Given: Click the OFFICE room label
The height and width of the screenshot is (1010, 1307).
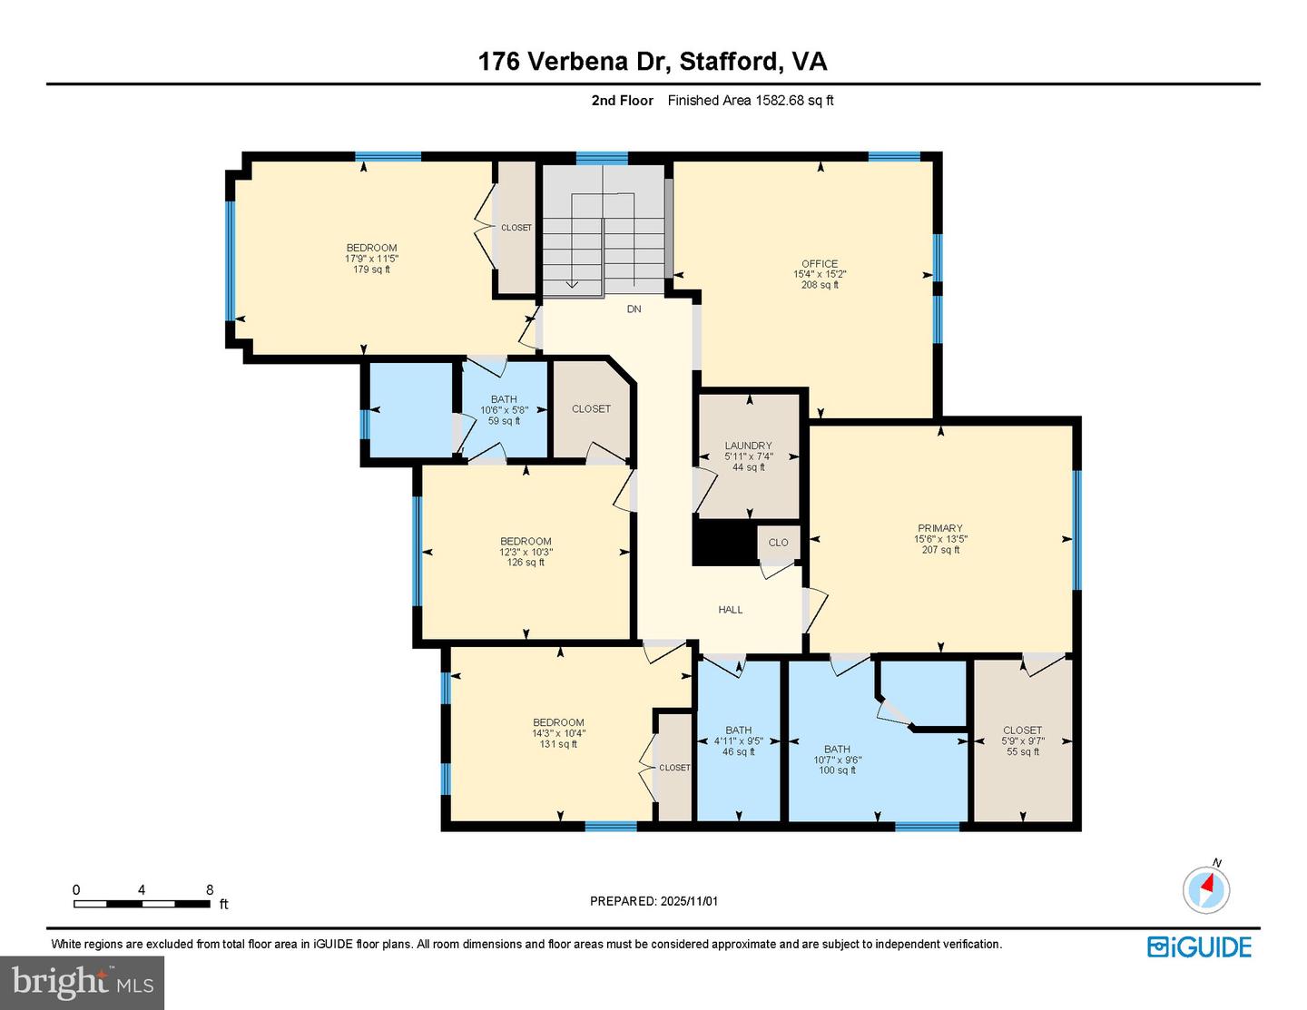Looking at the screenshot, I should click(819, 264).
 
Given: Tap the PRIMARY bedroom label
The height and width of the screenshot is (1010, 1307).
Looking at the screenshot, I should click(939, 528).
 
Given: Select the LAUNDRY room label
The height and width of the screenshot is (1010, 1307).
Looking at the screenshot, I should click(748, 446).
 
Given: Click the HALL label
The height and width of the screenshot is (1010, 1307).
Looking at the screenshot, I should click(731, 610).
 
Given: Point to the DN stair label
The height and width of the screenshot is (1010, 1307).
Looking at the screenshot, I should click(634, 309).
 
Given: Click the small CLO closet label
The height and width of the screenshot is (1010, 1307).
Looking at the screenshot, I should click(779, 543).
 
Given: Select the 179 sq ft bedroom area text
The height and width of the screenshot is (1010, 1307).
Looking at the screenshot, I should click(371, 270).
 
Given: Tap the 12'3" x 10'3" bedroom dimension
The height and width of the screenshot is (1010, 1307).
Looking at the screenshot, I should click(526, 552).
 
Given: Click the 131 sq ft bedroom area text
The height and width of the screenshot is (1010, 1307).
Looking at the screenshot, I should click(558, 744).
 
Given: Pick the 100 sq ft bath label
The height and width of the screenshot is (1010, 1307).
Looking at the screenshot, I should click(837, 770).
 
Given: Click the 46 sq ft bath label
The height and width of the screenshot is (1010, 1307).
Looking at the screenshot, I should click(738, 752).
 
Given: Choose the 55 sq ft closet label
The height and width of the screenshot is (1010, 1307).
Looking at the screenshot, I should click(1022, 752).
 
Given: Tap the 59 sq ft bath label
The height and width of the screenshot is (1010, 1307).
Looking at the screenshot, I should click(504, 421).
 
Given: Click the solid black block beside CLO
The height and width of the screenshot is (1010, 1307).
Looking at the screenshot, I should click(724, 543).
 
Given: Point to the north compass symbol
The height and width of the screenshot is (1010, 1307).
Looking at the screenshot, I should click(1206, 888).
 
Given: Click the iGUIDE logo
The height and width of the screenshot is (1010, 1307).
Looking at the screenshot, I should click(1199, 946).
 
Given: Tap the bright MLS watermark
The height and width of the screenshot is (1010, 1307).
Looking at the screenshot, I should click(83, 982).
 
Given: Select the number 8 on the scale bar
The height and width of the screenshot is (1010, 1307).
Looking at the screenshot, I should click(210, 890).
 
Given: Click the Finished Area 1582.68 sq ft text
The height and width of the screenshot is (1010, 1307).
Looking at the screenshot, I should click(751, 101).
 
